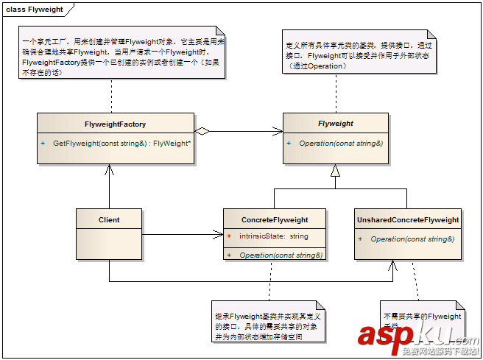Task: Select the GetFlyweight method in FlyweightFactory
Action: tap(122, 143)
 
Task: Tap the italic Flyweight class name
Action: tap(335, 124)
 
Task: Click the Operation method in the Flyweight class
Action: tap(340, 143)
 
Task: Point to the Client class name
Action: tap(109, 219)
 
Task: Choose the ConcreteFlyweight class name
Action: tap(275, 219)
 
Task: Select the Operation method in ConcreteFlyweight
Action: tap(279, 255)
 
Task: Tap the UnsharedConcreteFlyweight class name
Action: tap(408, 219)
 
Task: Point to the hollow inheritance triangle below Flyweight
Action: tap(335, 171)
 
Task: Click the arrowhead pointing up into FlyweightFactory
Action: tap(109, 169)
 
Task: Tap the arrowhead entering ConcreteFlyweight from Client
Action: tap(218, 236)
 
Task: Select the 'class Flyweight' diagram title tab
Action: tap(35, 10)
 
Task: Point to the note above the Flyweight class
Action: tap(357, 56)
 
